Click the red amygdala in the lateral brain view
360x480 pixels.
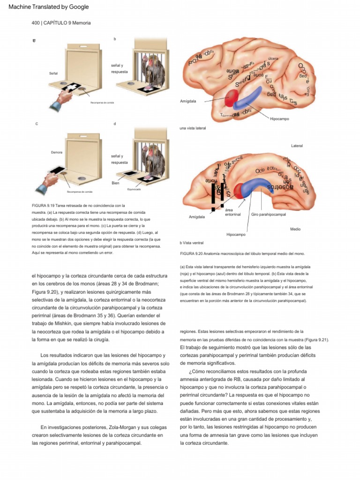click(232, 97)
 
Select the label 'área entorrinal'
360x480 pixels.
click(230, 212)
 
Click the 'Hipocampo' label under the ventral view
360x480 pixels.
click(236, 234)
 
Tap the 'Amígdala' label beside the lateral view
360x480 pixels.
click(188, 101)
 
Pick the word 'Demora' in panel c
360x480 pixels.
click(57, 152)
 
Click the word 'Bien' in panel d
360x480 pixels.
click(115, 183)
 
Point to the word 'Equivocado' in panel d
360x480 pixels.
click(134, 189)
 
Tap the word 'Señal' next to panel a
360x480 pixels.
click(53, 74)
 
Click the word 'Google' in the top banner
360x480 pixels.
click(77, 7)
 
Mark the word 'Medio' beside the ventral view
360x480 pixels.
click(295, 229)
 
